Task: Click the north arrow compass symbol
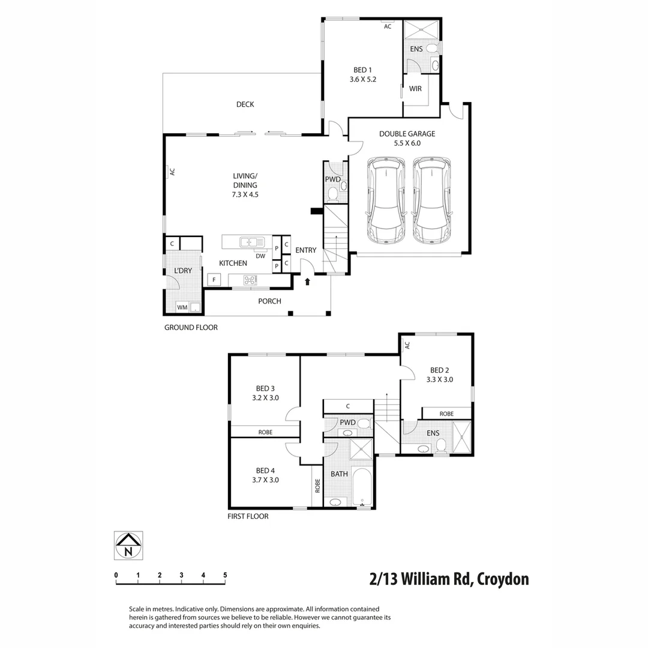[x=128, y=545]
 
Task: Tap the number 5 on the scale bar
[x=225, y=575]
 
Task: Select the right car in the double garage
[x=431, y=200]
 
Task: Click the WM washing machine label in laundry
[x=181, y=308]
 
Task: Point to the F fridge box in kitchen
[x=214, y=280]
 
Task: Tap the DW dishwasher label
[x=260, y=256]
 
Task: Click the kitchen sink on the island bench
[x=252, y=242]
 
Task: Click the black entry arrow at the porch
[x=308, y=280]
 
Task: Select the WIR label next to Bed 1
[x=415, y=89]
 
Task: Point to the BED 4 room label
[x=265, y=470]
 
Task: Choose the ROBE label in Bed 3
[x=265, y=431]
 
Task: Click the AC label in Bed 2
[x=407, y=345]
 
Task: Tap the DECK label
[x=245, y=104]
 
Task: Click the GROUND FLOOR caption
[x=191, y=328]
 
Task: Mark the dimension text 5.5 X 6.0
[x=407, y=143]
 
